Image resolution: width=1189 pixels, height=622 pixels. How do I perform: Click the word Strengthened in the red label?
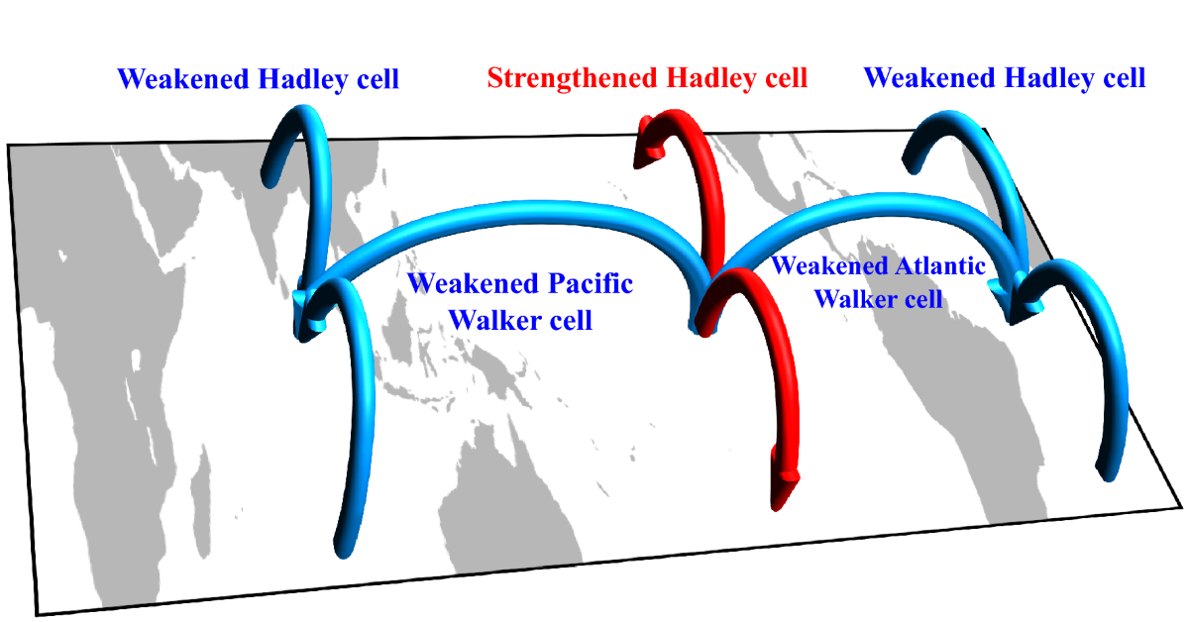click(x=573, y=78)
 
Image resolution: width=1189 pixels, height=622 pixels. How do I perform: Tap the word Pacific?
click(x=591, y=283)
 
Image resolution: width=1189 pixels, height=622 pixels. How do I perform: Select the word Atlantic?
click(x=939, y=265)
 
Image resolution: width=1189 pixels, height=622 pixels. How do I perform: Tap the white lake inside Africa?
click(x=136, y=361)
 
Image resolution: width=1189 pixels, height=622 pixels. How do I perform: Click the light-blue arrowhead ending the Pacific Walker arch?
click(x=308, y=313)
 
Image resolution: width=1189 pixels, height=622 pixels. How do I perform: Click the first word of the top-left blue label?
click(x=183, y=79)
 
